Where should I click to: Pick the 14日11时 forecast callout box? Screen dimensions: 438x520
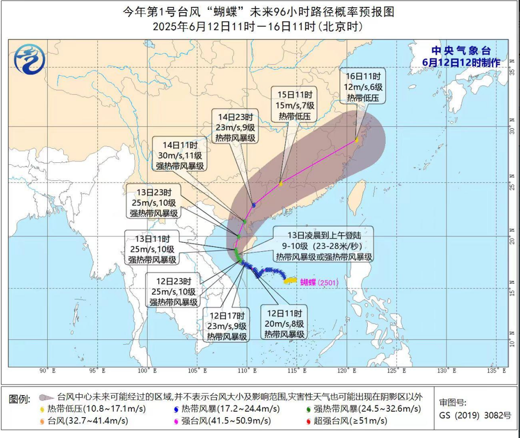point(180,155)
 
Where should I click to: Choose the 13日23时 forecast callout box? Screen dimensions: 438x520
point(152,202)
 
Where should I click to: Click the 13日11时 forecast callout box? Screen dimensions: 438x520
point(152,249)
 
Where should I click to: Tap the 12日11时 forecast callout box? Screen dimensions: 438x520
point(285,323)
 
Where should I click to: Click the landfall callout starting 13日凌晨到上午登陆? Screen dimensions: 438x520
point(323,244)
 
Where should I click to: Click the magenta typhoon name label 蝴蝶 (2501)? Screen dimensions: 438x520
point(319,282)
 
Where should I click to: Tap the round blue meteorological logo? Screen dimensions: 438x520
point(30,58)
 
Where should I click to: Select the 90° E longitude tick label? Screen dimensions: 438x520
point(48,370)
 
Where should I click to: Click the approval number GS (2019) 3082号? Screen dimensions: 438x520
point(475,415)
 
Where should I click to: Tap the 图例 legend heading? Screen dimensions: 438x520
point(22,399)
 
